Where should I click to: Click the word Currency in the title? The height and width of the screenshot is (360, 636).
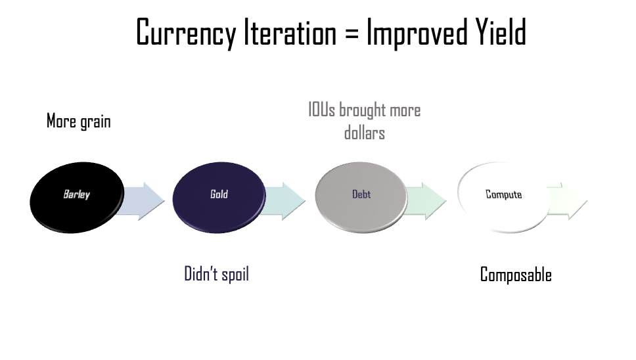pos(186,32)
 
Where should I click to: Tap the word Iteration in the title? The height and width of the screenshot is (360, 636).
pos(290,32)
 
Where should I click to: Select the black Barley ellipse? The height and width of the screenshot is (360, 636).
pos(77,198)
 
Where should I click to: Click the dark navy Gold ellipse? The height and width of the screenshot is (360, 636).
pos(219,198)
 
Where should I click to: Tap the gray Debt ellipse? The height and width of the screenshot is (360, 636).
pos(361,198)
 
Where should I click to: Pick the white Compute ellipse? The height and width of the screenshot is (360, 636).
pos(504,198)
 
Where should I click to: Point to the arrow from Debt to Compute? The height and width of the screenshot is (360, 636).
pos(426,201)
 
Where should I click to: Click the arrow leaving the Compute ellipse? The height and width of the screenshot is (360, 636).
pos(568,201)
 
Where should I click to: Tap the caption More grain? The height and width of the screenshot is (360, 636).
pos(79,122)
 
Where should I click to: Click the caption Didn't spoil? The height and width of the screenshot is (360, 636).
pos(217,274)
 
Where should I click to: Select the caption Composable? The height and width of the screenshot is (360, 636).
pos(516,275)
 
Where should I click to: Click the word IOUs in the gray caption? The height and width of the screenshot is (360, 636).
pos(322,110)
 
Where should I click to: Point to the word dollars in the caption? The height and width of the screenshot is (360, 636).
pos(365,133)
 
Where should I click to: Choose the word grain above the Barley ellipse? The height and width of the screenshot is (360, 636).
pos(95,122)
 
